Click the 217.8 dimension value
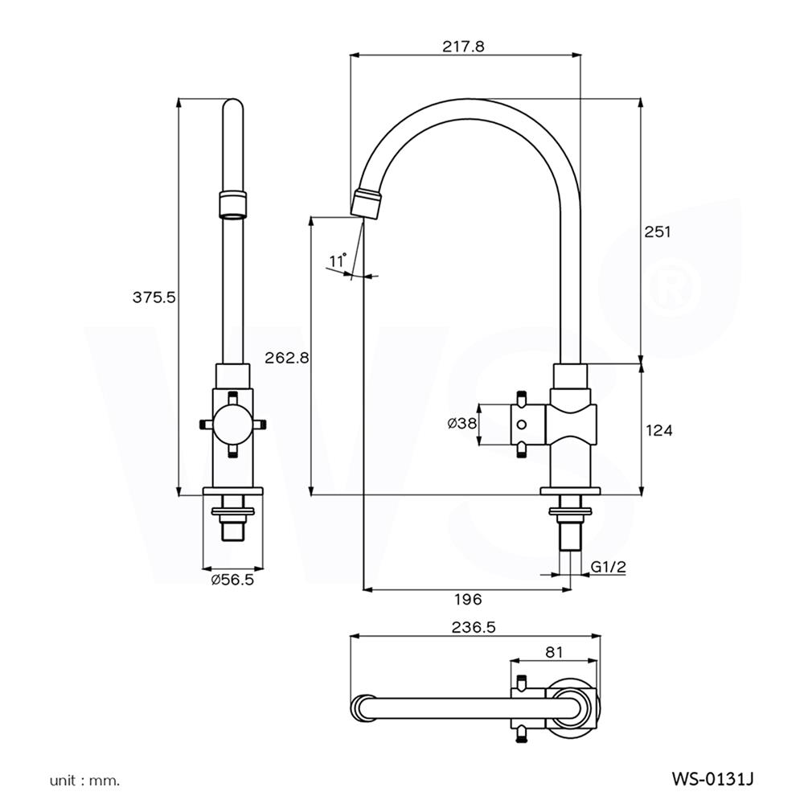pyautogui.click(x=463, y=47)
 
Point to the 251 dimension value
pyautogui.click(x=658, y=232)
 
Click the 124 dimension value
pyautogui.click(x=658, y=430)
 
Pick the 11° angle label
pyautogui.click(x=338, y=260)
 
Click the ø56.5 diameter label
pyautogui.click(x=232, y=580)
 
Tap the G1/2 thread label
pyautogui.click(x=609, y=568)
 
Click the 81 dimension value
pyautogui.click(x=554, y=652)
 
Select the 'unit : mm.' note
pyautogui.click(x=84, y=779)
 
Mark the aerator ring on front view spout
pyautogui.click(x=232, y=204)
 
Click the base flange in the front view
pyautogui.click(x=232, y=491)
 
